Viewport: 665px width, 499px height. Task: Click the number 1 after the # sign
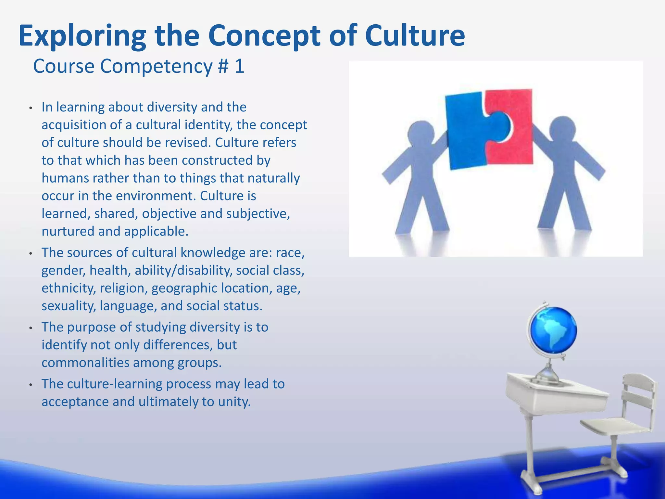(x=239, y=66)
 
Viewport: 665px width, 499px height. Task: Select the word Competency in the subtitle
(x=156, y=67)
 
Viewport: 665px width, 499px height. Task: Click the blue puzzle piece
(x=468, y=133)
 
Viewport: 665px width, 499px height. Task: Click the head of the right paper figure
(x=562, y=129)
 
